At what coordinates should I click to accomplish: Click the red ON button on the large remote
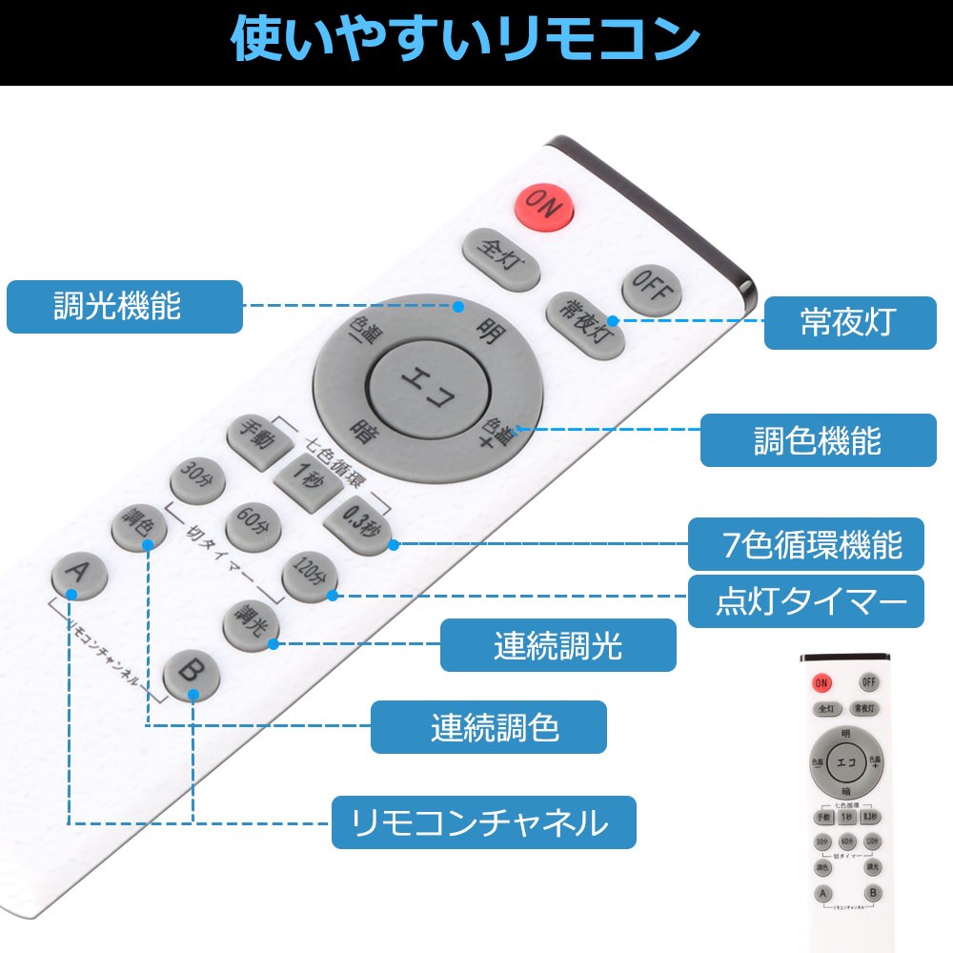[x=542, y=207]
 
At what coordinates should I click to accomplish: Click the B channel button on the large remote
[x=192, y=675]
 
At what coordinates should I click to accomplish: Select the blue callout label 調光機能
[x=124, y=307]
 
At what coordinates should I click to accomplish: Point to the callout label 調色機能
[x=818, y=440]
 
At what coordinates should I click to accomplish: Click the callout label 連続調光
[x=558, y=645]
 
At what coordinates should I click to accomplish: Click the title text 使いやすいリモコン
[x=467, y=41]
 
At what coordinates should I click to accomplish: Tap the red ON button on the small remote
[x=821, y=681]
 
